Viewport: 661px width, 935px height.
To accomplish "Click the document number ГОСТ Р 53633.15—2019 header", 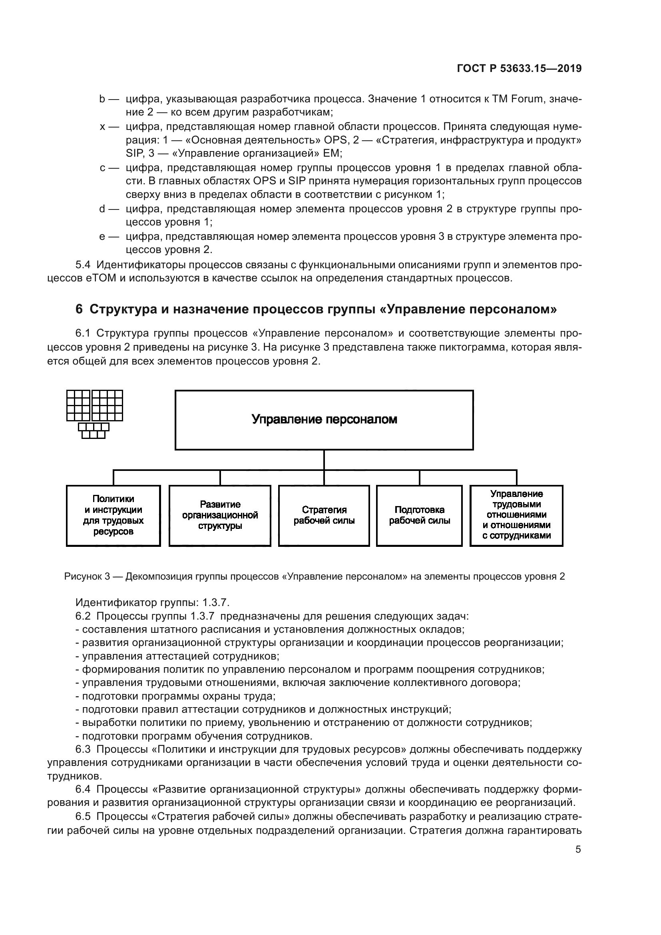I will click(519, 68).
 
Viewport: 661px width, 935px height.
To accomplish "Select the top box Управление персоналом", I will click(324, 420).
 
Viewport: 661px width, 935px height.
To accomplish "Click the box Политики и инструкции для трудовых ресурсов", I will click(113, 515).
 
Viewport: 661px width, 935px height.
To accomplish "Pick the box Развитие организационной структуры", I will click(220, 515).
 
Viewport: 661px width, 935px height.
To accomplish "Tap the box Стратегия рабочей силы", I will click(324, 515).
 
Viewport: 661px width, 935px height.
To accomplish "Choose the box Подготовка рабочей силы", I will click(419, 515).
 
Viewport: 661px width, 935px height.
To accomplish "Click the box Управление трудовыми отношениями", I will click(516, 515).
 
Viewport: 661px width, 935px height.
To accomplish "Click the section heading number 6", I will click(79, 309).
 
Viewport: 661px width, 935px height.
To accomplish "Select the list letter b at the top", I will click(102, 99).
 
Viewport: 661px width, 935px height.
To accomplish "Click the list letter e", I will click(102, 237).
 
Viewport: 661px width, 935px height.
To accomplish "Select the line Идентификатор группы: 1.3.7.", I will click(153, 602).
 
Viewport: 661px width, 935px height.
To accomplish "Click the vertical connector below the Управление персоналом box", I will click(324, 460).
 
